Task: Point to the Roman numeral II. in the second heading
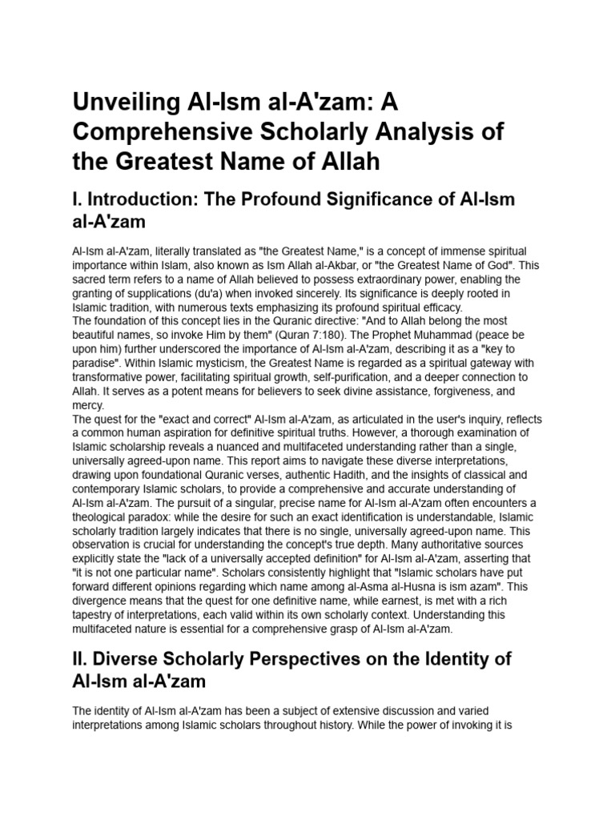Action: click(81, 661)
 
